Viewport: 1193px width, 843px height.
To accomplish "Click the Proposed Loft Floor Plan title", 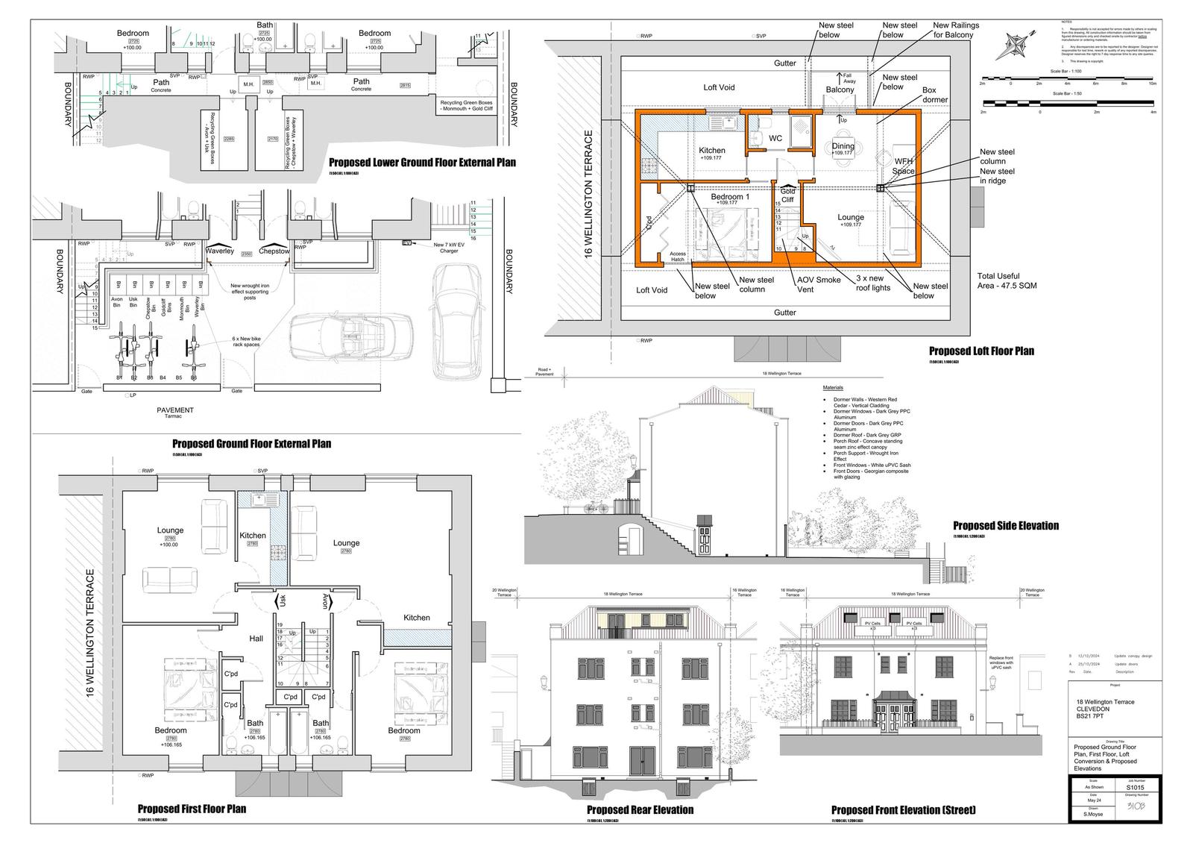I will (x=981, y=351).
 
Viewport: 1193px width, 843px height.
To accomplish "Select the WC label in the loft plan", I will (x=775, y=138).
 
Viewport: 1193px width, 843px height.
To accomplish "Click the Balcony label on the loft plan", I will (x=840, y=90).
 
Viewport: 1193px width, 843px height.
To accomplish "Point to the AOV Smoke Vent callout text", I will (x=819, y=285).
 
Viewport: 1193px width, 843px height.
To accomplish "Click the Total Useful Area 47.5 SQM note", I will (x=1007, y=281).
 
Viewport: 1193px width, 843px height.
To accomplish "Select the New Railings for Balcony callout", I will (x=956, y=30).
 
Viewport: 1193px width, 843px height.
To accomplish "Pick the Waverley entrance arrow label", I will (x=220, y=251).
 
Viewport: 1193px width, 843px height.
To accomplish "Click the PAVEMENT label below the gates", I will (x=175, y=410).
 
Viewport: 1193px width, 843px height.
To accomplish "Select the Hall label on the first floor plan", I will (x=256, y=639).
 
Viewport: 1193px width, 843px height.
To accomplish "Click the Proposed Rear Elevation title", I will (x=640, y=809).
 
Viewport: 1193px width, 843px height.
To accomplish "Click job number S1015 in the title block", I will (x=1135, y=787).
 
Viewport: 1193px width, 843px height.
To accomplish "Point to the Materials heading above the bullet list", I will (x=833, y=389).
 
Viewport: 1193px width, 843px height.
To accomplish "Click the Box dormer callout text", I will (x=935, y=94).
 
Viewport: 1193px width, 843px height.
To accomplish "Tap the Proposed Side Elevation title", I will (x=1005, y=525).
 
